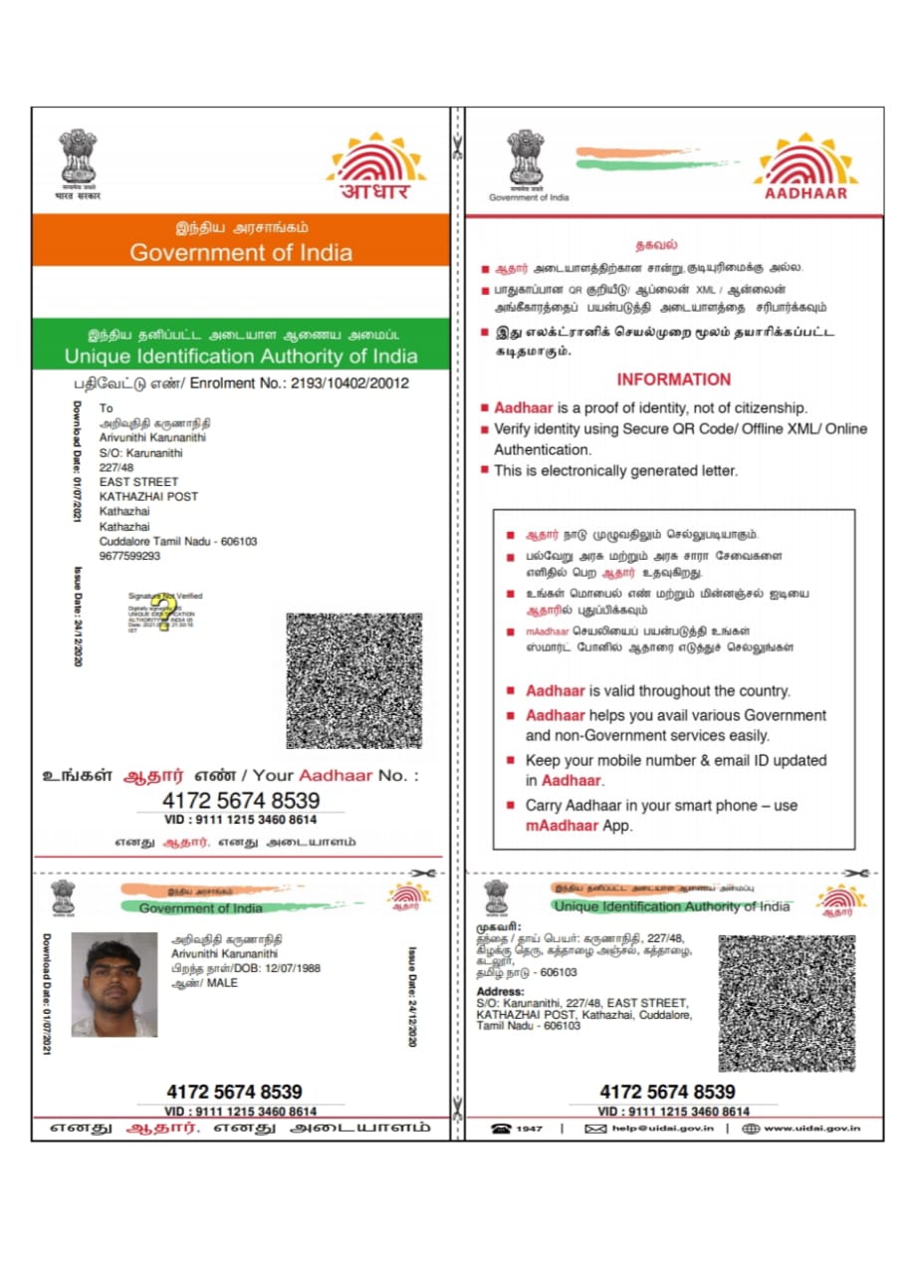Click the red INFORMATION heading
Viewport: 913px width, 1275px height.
click(673, 380)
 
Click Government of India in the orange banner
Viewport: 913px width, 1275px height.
click(241, 252)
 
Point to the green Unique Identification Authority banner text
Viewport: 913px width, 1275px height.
click(241, 356)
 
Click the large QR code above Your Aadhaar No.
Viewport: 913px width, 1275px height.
click(353, 680)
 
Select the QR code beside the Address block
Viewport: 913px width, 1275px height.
click(787, 1002)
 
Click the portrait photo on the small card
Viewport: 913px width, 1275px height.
click(114, 984)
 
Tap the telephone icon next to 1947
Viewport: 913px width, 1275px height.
click(501, 1129)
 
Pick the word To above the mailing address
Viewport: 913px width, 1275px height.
click(106, 408)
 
